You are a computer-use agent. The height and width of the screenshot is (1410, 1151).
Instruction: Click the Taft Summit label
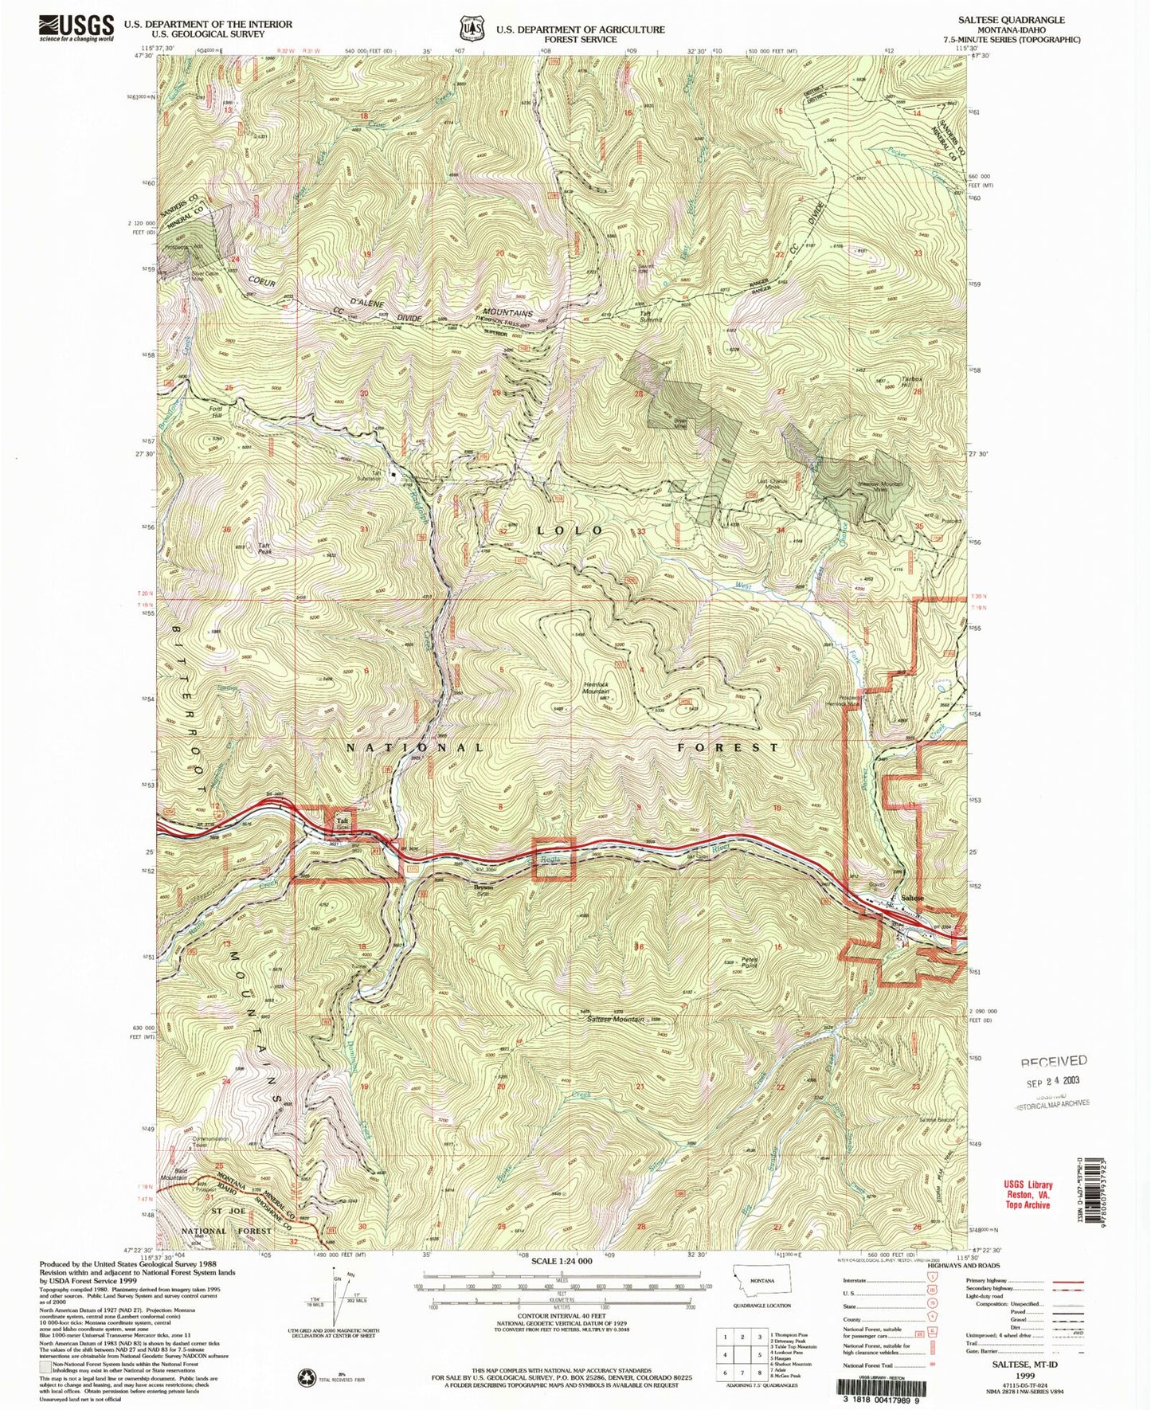651,317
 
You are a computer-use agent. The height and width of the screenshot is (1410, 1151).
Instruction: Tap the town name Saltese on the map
912,898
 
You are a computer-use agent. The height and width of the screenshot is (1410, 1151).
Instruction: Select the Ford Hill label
215,412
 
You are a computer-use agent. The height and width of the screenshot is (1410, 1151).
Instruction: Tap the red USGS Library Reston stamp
1028,1194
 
